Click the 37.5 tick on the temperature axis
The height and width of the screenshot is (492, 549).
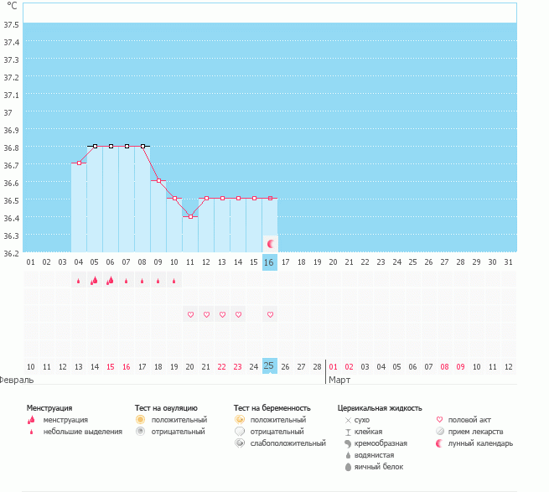[11, 23]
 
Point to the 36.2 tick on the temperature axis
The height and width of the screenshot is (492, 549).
[11, 252]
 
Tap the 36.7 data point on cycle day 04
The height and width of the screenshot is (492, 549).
[79, 163]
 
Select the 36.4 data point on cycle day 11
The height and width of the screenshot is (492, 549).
[190, 216]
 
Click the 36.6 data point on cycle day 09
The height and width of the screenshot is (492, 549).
[158, 180]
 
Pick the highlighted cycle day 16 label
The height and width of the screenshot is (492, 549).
[269, 262]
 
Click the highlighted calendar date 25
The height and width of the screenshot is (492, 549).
[269, 365]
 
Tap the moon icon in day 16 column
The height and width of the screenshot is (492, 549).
[270, 243]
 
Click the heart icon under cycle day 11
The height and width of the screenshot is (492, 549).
[190, 314]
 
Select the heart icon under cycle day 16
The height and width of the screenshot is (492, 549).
[270, 314]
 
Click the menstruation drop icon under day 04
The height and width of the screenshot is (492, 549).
[79, 281]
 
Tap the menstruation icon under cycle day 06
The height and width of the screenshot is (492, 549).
[110, 280]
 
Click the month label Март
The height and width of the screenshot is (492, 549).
[339, 380]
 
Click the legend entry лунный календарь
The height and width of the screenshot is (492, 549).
[480, 443]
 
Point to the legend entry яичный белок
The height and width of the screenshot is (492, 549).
[379, 466]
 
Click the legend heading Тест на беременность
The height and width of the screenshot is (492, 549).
[277, 407]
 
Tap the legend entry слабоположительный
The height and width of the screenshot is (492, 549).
[287, 443]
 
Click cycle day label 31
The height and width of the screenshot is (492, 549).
[508, 262]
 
